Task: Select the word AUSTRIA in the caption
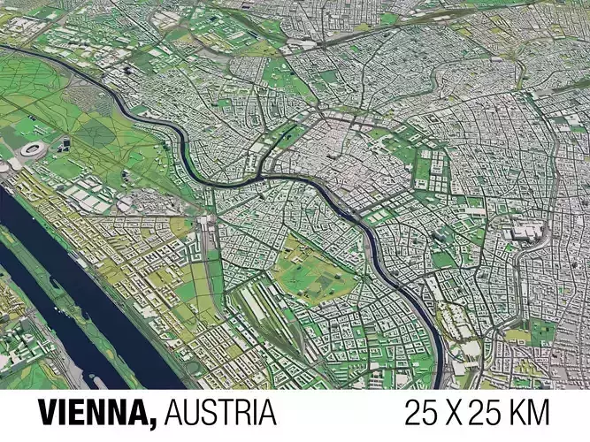pos(220,412)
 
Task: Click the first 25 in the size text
pos(420,412)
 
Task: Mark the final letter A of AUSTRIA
pos(267,412)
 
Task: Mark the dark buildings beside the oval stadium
pos(64,144)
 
